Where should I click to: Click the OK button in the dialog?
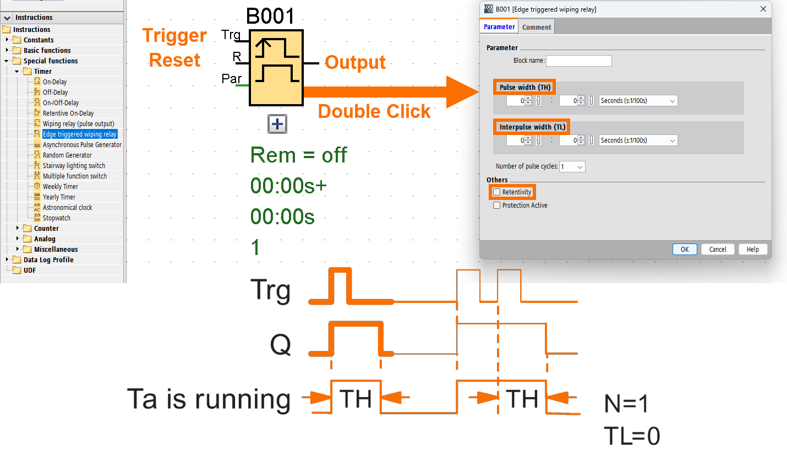(684, 250)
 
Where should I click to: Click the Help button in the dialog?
(752, 250)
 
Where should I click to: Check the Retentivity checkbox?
(497, 192)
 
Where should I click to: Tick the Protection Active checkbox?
(497, 205)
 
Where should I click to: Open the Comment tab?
(536, 27)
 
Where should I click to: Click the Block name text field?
(578, 61)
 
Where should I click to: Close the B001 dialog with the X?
(763, 9)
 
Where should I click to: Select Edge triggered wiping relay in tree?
(80, 134)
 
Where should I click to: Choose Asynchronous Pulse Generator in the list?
(82, 145)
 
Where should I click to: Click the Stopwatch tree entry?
(57, 218)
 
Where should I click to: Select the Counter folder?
(46, 229)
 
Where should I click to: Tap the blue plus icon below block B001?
(277, 125)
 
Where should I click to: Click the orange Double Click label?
(374, 111)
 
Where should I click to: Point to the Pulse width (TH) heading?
(524, 87)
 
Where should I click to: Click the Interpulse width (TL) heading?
(532, 127)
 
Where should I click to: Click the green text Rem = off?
(298, 155)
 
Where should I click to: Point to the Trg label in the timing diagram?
(270, 290)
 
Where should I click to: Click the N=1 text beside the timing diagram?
(626, 405)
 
